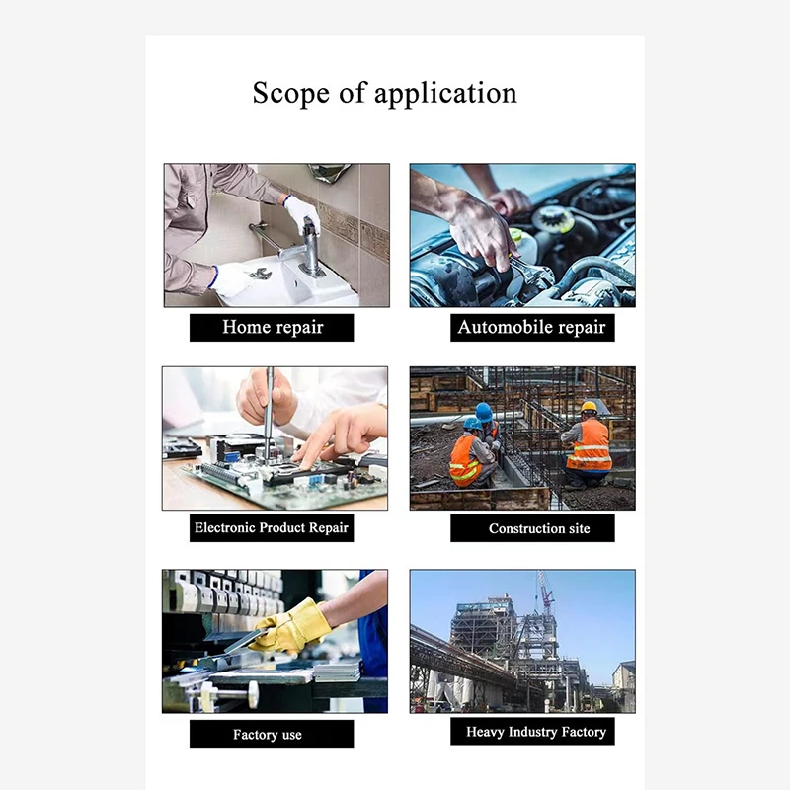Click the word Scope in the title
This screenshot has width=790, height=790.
point(290,93)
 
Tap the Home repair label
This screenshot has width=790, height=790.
point(273,328)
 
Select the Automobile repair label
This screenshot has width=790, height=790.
point(532,328)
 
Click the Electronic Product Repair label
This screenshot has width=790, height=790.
point(272,528)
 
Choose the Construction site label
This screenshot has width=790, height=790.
point(532,528)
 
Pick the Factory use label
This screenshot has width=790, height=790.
point(272,734)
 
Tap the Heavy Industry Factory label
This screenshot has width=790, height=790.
point(532,731)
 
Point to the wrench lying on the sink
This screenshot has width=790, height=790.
point(260,275)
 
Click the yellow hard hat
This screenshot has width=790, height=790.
point(589,407)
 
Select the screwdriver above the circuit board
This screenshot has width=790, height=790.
point(269,413)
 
